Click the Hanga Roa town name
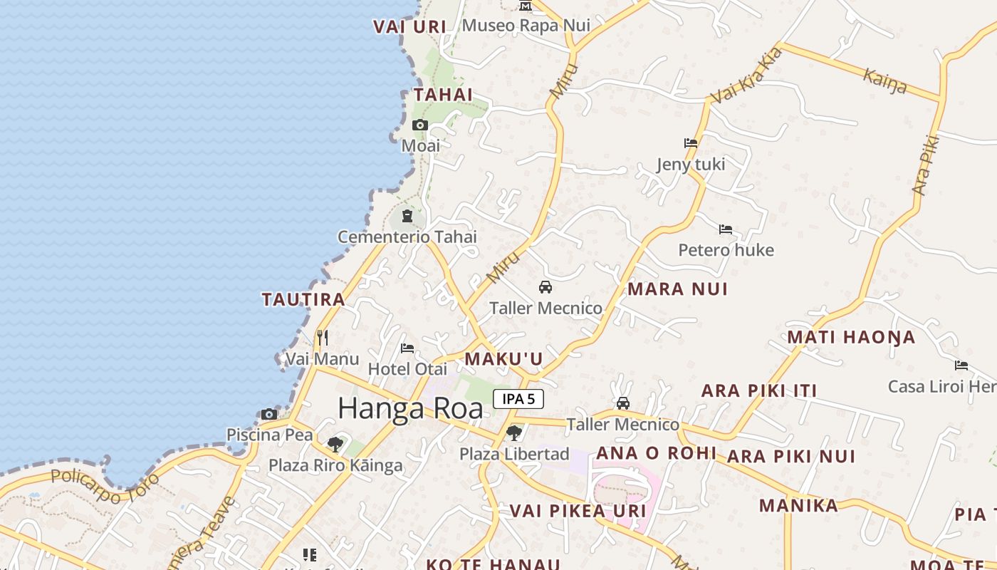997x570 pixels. [x=410, y=408]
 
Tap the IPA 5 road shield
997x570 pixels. [x=518, y=399]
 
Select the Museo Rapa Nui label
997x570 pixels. [x=526, y=26]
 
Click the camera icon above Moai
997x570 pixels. [x=420, y=125]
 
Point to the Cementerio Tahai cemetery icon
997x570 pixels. [x=407, y=215]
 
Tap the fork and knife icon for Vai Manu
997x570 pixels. [x=323, y=337]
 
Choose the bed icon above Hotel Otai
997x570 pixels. [x=407, y=348]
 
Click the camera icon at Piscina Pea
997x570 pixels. [x=269, y=414]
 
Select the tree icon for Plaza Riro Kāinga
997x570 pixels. [x=335, y=445]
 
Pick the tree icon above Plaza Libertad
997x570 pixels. [x=513, y=432]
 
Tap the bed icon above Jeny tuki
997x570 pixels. [x=691, y=143]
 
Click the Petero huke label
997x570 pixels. [x=726, y=250]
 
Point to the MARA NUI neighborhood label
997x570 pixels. [x=677, y=289]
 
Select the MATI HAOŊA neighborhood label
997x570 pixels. [x=851, y=337]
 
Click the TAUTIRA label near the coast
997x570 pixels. [x=303, y=299]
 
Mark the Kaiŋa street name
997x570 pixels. [x=885, y=81]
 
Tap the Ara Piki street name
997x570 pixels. [x=926, y=165]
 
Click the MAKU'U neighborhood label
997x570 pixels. [x=503, y=359]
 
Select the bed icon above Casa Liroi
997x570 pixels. [x=961, y=366]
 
